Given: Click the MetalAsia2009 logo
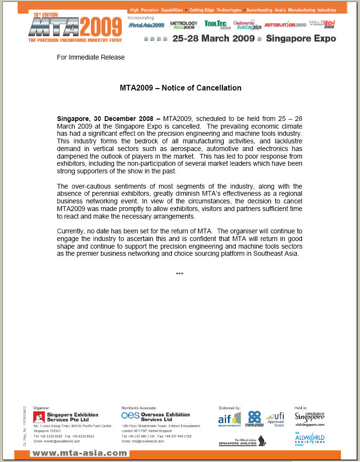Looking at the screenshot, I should click(x=146, y=25).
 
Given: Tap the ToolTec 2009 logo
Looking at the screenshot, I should click(x=218, y=24).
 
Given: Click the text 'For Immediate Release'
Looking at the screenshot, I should click(x=90, y=57).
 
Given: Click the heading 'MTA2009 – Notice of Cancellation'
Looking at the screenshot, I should click(x=180, y=88).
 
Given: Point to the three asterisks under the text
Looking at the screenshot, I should click(x=180, y=274).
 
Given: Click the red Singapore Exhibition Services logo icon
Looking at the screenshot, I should click(x=39, y=417).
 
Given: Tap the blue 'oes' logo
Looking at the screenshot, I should click(x=130, y=415).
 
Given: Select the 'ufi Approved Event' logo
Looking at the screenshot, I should click(x=276, y=419).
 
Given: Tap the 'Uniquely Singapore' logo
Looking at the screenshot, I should click(x=310, y=417).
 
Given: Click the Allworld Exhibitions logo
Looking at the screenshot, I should click(x=310, y=439).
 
